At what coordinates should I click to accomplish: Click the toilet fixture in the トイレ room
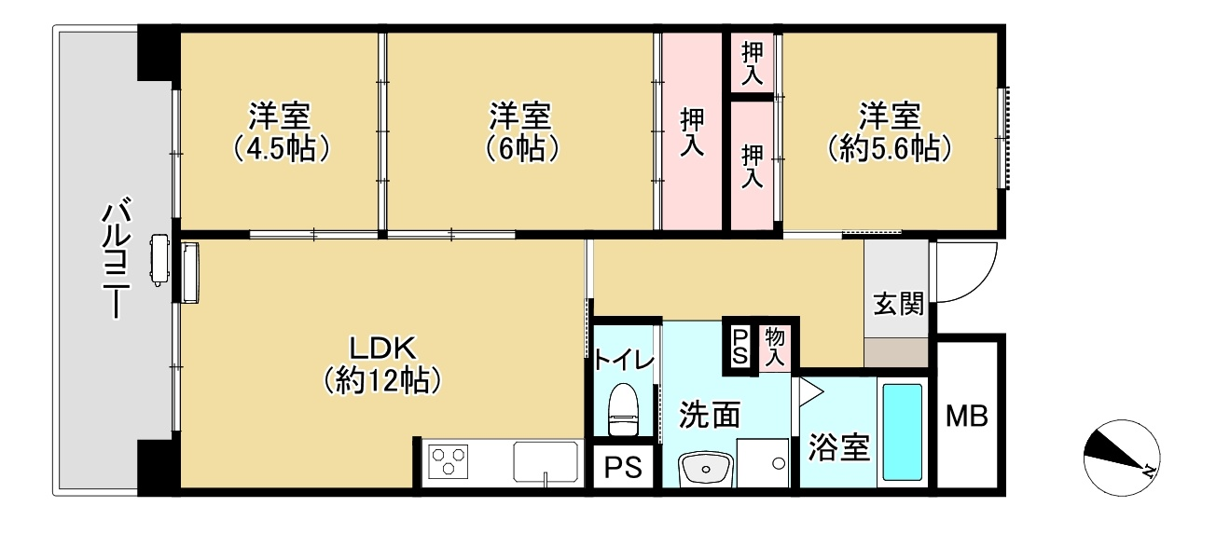pyautogui.click(x=624, y=409)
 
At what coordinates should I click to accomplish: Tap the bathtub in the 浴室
pyautogui.click(x=902, y=431)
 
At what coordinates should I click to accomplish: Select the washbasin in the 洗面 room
pyautogui.click(x=706, y=470)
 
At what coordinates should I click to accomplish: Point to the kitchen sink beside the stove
pyautogui.click(x=546, y=461)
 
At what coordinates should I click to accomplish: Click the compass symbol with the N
pyautogui.click(x=1122, y=459)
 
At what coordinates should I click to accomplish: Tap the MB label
pyautogui.click(x=967, y=416)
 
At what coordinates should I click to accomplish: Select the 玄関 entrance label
pyautogui.click(x=898, y=303)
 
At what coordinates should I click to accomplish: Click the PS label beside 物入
pyautogui.click(x=739, y=347)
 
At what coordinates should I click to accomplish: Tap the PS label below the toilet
pyautogui.click(x=623, y=468)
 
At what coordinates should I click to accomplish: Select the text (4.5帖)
pyautogui.click(x=281, y=148)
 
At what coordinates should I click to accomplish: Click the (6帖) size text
pyautogui.click(x=521, y=148)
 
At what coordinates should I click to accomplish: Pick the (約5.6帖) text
pyautogui.click(x=890, y=148)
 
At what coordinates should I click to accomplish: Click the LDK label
pyautogui.click(x=382, y=348)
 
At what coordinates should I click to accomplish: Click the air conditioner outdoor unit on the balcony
pyautogui.click(x=159, y=260)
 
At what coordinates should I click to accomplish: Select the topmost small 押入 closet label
pyautogui.click(x=752, y=63)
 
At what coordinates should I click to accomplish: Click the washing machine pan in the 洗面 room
pyautogui.click(x=763, y=462)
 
